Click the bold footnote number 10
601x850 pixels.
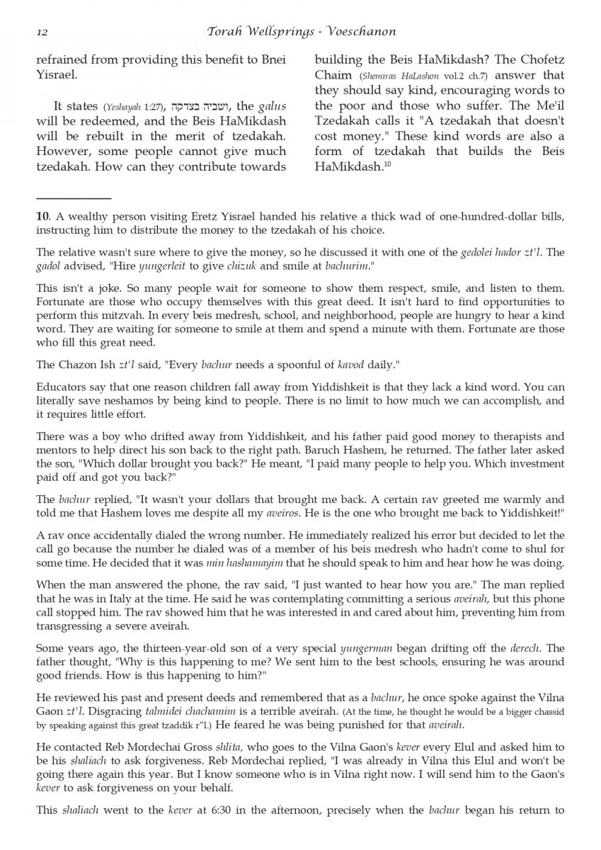pyautogui.click(x=41, y=217)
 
